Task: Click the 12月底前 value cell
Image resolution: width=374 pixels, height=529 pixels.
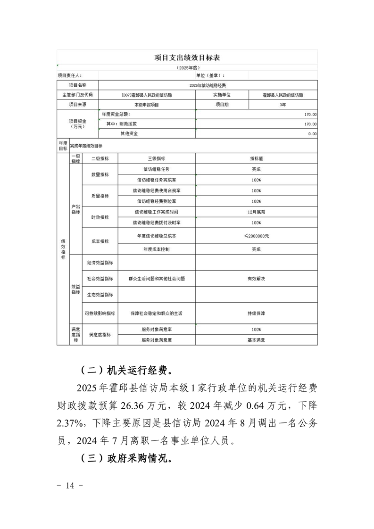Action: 256,212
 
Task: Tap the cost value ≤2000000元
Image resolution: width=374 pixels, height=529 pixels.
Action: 256,235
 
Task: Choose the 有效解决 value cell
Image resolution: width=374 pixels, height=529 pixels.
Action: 256,279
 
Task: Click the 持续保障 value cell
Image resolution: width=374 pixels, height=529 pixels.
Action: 256,313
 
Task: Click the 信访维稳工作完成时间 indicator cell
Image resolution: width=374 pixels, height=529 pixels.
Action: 156,212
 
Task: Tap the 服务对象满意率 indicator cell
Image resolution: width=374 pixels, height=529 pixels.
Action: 156,330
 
